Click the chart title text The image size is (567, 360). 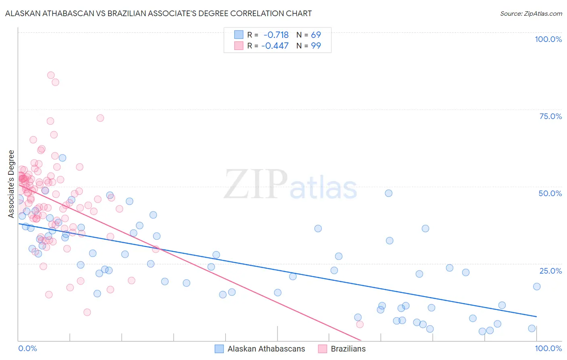158,13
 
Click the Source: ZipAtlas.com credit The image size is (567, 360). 531,13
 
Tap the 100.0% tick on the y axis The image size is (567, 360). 548,39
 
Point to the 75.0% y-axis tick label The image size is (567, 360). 550,116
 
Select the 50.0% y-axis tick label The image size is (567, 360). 550,193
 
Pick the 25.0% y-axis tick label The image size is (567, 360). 550,271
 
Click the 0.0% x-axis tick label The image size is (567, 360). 27,348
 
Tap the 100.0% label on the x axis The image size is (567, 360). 548,348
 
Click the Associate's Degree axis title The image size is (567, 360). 11,184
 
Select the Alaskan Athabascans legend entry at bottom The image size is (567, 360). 266,349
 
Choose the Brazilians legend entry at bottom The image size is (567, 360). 348,349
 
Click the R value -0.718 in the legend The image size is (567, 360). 276,35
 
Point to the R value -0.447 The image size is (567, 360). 275,46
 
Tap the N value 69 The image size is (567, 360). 316,35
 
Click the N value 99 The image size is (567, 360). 316,46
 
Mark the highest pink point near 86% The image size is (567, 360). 51,75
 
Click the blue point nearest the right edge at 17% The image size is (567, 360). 537,287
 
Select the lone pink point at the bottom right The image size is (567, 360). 360,324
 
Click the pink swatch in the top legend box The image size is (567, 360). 239,46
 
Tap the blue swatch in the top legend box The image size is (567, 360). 239,35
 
